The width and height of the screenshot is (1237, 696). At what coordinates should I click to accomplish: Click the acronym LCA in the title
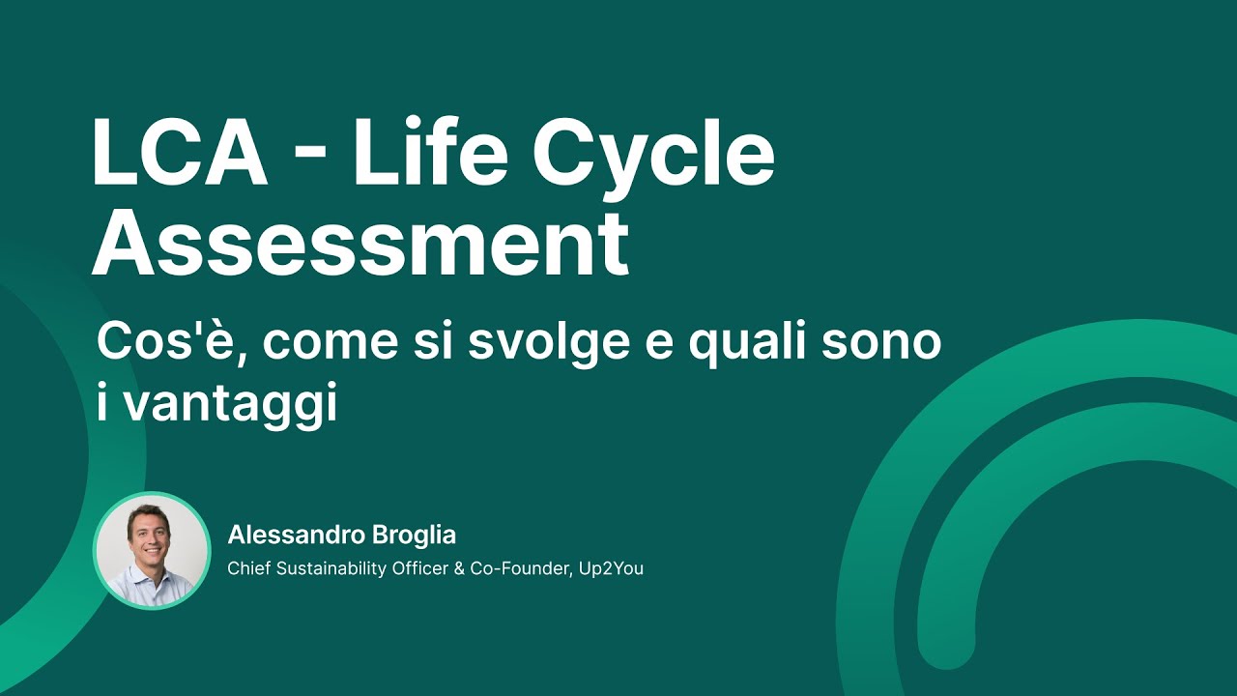(x=179, y=154)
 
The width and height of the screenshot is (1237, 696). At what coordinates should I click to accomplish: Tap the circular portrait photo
(x=152, y=550)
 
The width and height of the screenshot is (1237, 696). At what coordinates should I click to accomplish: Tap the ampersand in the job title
(x=458, y=568)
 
